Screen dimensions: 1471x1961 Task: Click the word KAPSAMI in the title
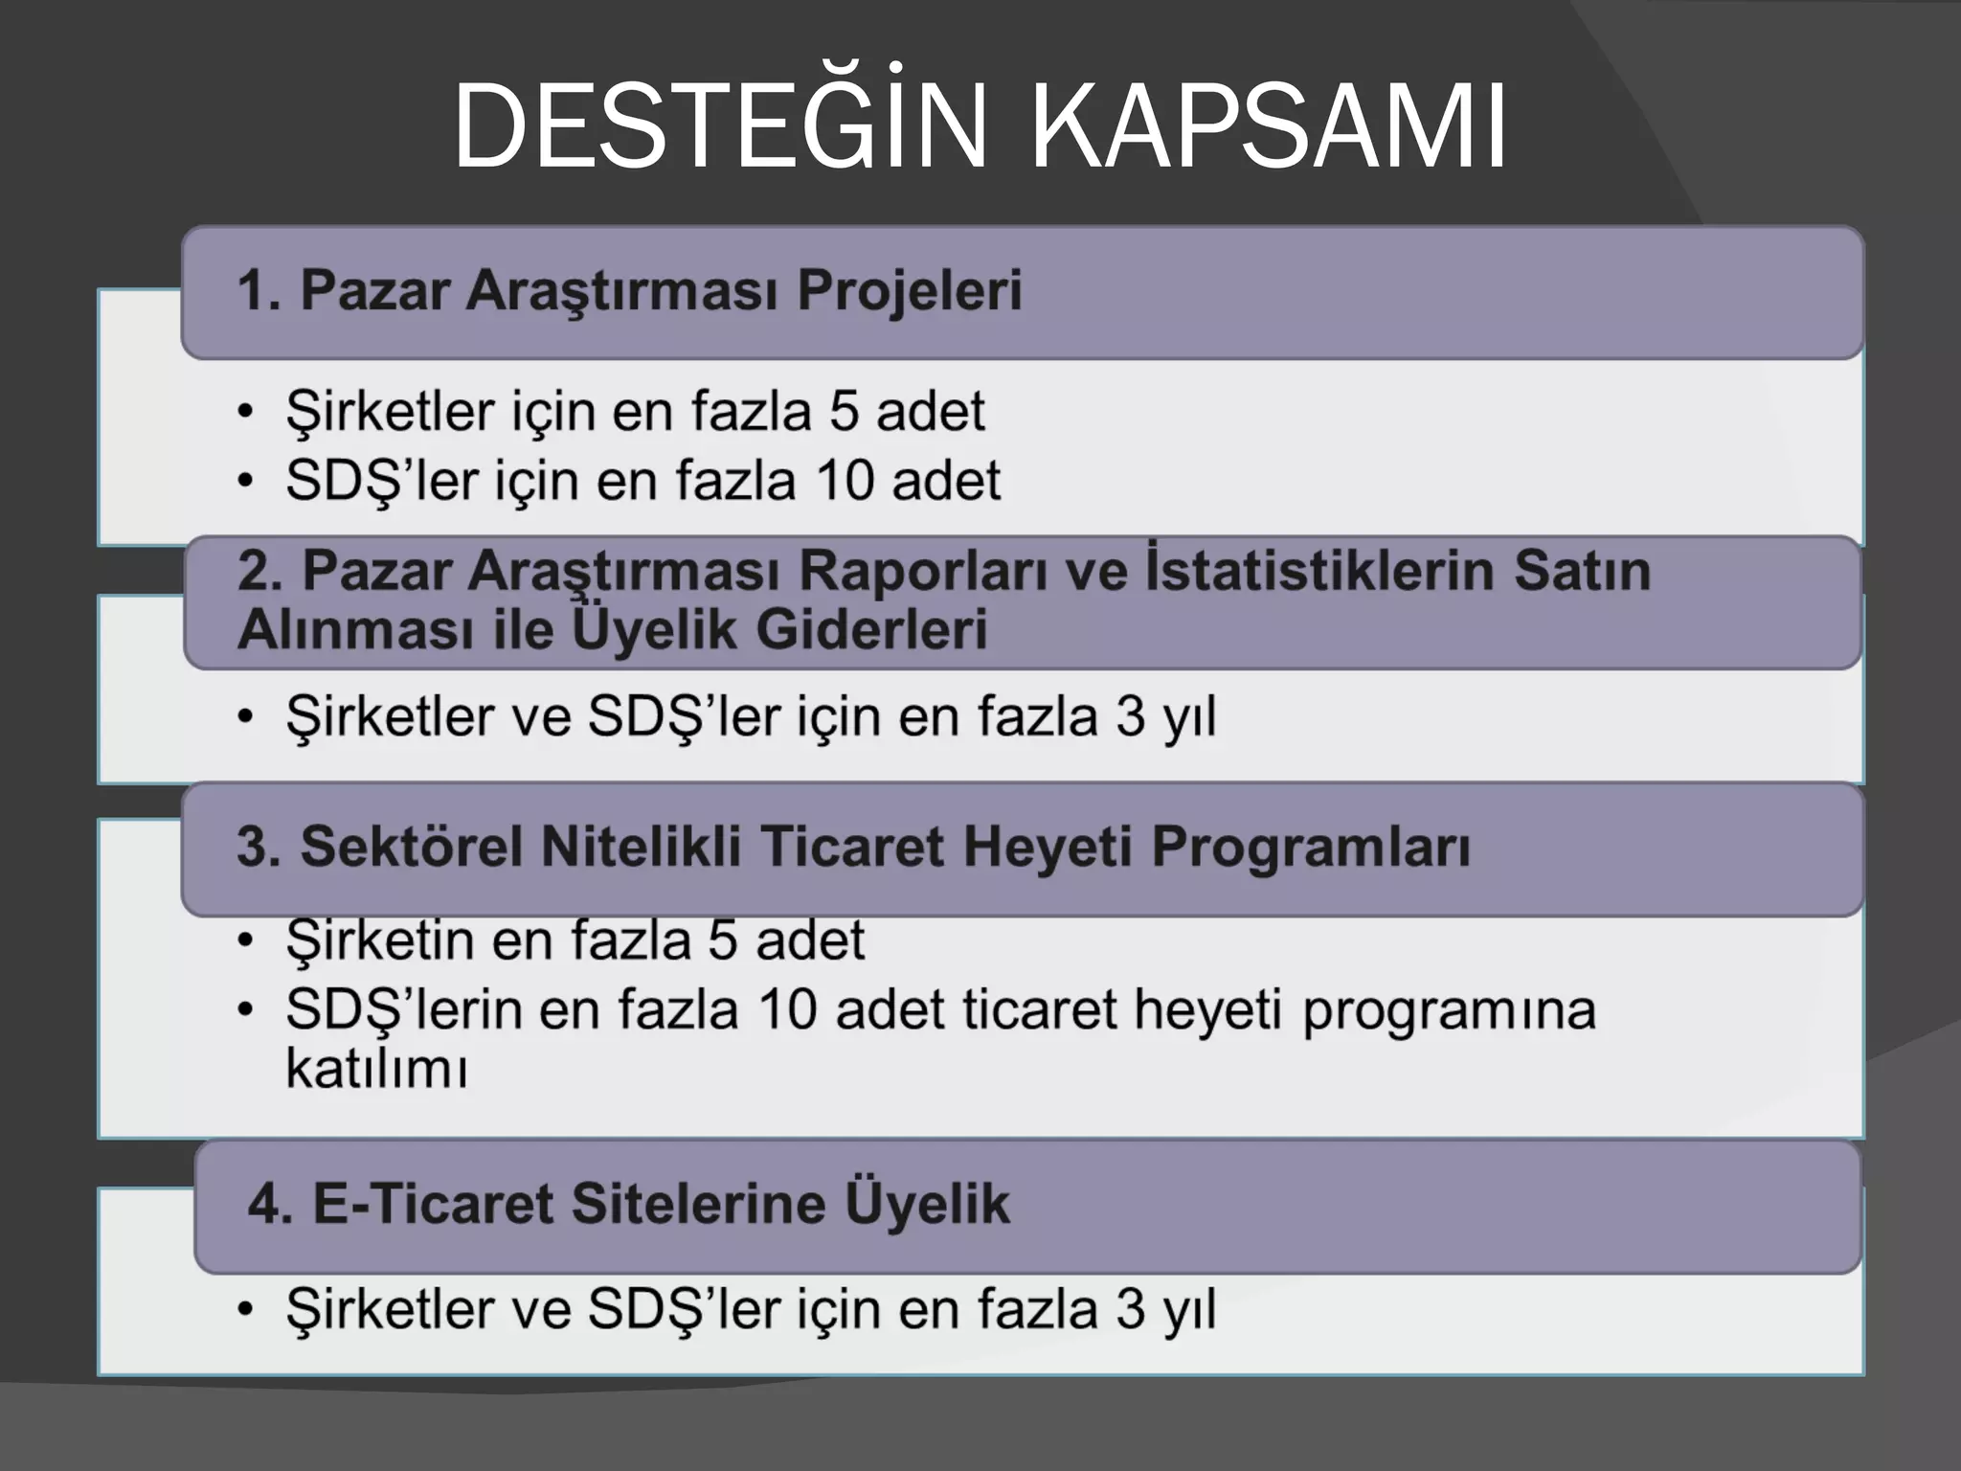[x=1269, y=127]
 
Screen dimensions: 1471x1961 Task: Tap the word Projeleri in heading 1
[x=910, y=290]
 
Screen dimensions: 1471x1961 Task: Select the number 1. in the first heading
[x=259, y=290]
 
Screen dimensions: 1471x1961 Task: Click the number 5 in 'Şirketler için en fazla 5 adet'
[x=844, y=412]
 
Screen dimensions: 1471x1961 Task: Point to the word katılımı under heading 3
[x=376, y=1070]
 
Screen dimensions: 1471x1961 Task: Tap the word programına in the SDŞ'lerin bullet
[x=1449, y=1011]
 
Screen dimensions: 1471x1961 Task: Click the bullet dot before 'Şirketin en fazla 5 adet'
[x=246, y=940]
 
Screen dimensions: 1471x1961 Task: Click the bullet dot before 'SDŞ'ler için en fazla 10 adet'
[x=246, y=482]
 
